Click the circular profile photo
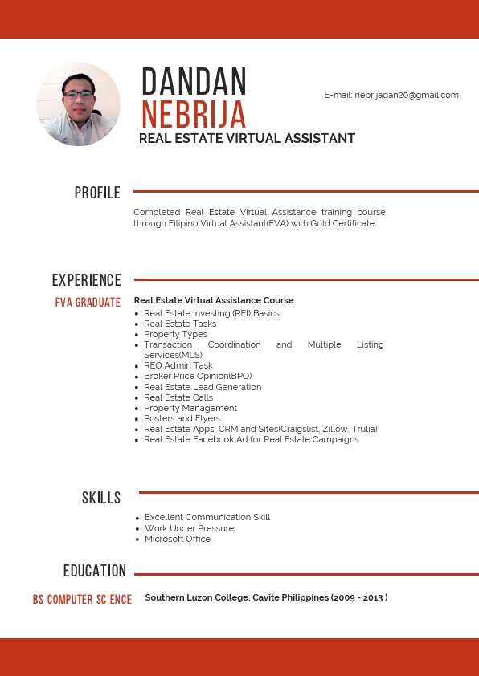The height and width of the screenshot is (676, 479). tap(78, 104)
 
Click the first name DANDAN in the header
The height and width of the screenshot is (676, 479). tap(194, 82)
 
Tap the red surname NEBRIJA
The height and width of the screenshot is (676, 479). tap(194, 115)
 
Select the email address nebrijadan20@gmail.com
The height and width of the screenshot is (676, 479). tap(407, 95)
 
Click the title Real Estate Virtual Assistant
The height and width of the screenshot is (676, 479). tap(247, 138)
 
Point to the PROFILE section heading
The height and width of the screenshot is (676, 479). tap(97, 193)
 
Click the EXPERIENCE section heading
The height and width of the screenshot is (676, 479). tap(86, 280)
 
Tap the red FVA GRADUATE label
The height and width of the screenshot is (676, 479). tap(88, 303)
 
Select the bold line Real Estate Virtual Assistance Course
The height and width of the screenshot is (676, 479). tap(214, 300)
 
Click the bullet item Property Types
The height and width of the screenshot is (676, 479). tap(175, 334)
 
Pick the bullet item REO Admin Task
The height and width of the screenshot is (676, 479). tap(178, 365)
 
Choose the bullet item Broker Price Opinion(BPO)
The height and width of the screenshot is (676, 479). tap(198, 376)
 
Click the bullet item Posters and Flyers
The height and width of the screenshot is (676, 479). tap(182, 418)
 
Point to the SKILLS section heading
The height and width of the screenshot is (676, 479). tap(101, 499)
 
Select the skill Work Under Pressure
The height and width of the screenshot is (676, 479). tap(189, 528)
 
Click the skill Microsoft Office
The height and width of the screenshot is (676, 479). tap(178, 539)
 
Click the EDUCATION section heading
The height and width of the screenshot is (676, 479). tap(95, 571)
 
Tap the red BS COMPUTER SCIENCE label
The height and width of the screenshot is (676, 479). tap(82, 600)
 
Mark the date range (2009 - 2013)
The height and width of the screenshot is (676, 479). tap(359, 597)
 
